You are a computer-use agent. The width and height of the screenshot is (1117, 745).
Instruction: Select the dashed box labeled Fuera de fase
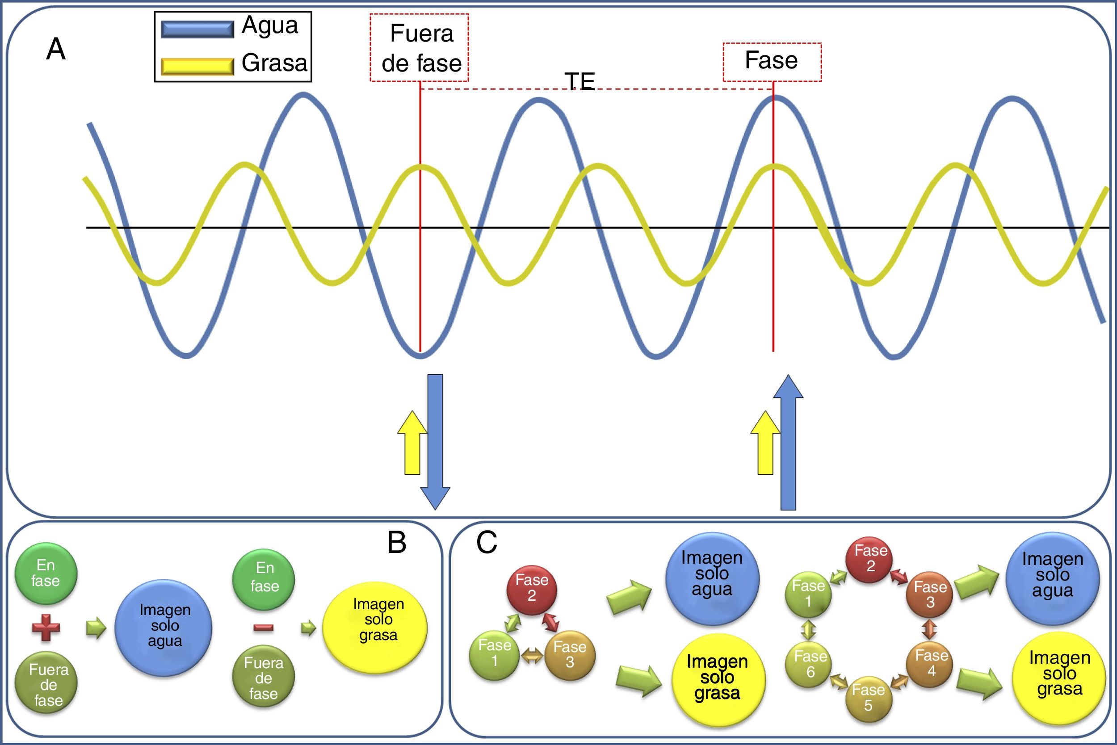click(x=420, y=47)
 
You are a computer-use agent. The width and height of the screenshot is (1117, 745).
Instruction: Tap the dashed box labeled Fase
click(x=772, y=62)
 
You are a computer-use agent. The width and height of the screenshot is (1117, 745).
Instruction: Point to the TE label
click(x=580, y=82)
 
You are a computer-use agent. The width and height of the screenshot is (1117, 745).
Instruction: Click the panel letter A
click(x=55, y=50)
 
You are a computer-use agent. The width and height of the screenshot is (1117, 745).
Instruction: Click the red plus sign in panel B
click(x=46, y=628)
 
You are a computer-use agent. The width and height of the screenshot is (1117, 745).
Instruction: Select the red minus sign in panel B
click(x=263, y=628)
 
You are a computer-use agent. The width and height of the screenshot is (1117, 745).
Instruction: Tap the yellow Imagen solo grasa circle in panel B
click(x=374, y=627)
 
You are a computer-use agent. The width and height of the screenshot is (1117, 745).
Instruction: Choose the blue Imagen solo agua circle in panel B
click(x=164, y=627)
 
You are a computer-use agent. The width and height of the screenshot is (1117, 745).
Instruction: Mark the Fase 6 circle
click(x=810, y=664)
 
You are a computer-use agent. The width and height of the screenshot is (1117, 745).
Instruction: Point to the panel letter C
click(x=487, y=543)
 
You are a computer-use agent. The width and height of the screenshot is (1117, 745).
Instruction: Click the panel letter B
click(x=397, y=543)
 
